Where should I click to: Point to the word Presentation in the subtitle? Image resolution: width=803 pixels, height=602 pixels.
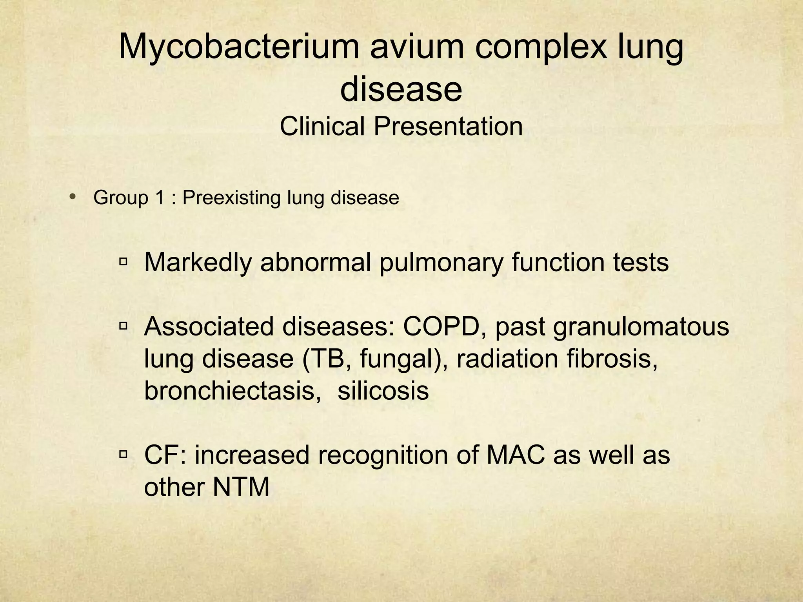tap(448, 127)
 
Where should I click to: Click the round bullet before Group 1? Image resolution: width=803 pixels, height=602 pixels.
tap(72, 197)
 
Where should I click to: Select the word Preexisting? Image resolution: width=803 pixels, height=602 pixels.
tap(231, 198)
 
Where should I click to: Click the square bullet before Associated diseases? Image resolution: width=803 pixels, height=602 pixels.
tap(124, 325)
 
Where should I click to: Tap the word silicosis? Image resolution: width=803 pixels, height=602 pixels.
tap(383, 390)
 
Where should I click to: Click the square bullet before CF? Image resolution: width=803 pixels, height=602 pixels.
tap(124, 454)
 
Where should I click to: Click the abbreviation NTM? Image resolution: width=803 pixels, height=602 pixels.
tap(241, 487)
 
